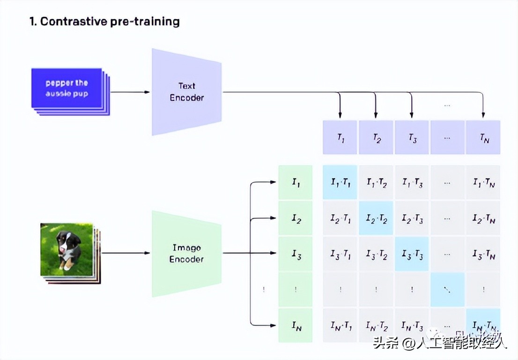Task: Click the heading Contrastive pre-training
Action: [x=104, y=22]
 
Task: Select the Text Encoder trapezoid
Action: [x=186, y=92]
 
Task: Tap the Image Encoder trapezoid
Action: [x=186, y=254]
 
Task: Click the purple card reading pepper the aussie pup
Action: [x=67, y=88]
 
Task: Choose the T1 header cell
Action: [x=340, y=137]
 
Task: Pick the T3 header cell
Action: [x=412, y=137]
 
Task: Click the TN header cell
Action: [x=483, y=137]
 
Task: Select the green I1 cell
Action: [x=296, y=182]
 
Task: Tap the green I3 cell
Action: [x=296, y=254]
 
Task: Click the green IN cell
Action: [x=296, y=325]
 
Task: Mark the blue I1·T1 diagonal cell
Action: [x=340, y=182]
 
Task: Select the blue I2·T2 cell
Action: [x=376, y=218]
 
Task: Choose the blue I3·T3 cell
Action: [x=412, y=254]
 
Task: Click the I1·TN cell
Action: [x=483, y=182]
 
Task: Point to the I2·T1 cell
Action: [x=340, y=218]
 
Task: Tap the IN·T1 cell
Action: [x=340, y=325]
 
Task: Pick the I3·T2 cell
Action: [x=376, y=254]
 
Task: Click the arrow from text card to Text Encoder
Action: [x=130, y=92]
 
